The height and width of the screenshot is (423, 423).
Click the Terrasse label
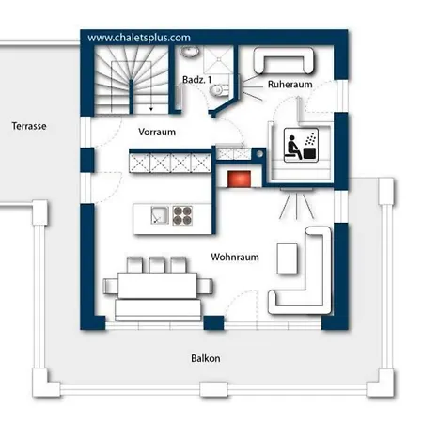pos(29,126)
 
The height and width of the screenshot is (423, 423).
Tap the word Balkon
pos(206,358)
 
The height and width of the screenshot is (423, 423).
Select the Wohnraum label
pos(235,257)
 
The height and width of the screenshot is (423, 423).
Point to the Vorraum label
pos(157,132)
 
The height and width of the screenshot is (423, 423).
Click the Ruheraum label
pos(290,84)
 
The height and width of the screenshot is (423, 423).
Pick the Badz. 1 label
pos(196,80)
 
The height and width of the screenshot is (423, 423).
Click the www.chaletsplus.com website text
pos(139,38)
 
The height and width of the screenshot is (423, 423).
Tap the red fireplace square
pos(239,179)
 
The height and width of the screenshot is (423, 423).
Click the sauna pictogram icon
pos(301,145)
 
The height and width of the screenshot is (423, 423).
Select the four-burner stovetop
pos(182,215)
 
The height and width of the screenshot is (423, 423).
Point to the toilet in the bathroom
pos(219,90)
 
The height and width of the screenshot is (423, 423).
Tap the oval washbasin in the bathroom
pos(190,51)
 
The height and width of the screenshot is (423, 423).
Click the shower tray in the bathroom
pos(219,59)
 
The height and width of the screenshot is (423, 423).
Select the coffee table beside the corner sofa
pos(288,258)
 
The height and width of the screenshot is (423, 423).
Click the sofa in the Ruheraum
pos(284,60)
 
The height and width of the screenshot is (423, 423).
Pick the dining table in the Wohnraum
pos(157,286)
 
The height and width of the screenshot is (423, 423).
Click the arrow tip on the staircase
pos(151,110)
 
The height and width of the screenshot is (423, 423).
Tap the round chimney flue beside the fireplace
pos(259,154)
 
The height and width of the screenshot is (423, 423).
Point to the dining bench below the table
pos(158,309)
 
